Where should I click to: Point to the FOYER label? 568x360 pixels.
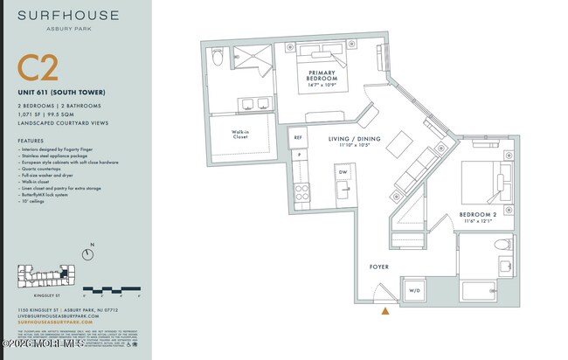coord(379,267)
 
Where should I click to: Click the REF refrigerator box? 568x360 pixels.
coord(298,138)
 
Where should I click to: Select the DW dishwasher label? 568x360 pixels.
coord(343,172)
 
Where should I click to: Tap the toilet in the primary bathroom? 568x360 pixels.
coord(218,59)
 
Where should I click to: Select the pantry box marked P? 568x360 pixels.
coord(298,155)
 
